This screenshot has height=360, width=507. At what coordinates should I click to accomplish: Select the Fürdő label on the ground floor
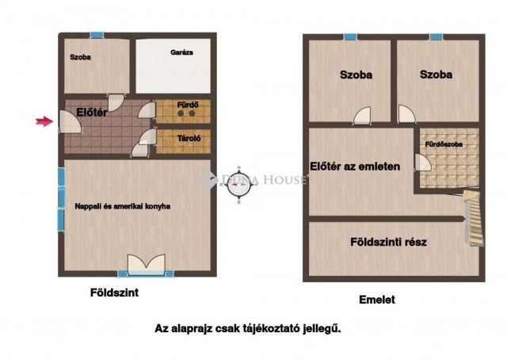(181, 104)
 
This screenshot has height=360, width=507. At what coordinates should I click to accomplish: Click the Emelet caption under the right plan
(376, 300)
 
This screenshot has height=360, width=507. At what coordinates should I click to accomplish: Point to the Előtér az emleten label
(354, 167)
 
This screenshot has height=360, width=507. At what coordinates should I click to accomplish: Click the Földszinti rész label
(388, 242)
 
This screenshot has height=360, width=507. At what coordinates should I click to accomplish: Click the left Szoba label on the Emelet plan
(356, 75)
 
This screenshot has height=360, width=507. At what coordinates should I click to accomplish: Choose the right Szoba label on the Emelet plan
(436, 75)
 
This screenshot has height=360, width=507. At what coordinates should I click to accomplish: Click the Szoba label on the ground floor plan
(80, 58)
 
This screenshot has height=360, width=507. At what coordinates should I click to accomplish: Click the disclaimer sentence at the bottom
(248, 328)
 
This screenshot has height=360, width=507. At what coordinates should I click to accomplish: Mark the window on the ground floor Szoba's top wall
(97, 35)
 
